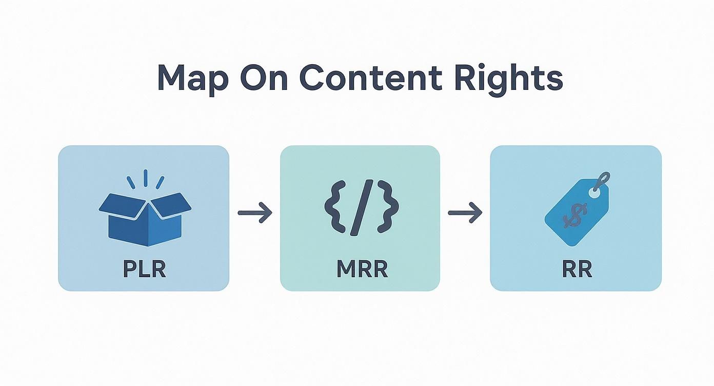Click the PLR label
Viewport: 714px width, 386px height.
[144, 269]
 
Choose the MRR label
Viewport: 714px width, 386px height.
[362, 269]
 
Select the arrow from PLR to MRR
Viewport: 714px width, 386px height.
[255, 213]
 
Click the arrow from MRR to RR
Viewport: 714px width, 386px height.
[465, 213]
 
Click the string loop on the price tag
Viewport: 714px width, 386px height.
[605, 180]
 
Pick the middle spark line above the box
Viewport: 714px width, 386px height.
[145, 177]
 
